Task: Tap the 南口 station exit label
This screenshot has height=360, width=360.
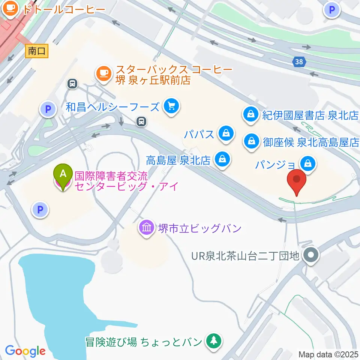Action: tap(37, 51)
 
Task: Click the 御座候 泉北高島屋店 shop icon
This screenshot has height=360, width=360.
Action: tap(250, 142)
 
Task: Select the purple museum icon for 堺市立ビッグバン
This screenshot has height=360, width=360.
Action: tap(147, 228)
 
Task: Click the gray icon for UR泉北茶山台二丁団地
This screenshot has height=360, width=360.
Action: tap(311, 256)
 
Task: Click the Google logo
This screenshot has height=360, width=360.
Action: tap(25, 351)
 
